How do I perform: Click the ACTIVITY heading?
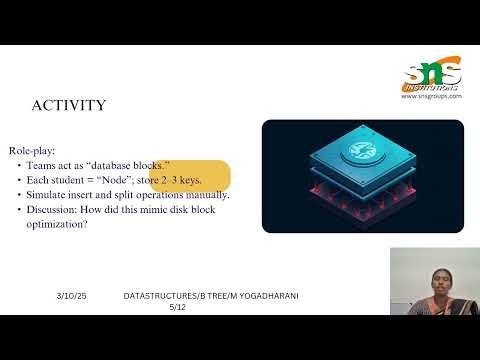pyautogui.click(x=70, y=106)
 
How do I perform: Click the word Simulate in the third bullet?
pyautogui.click(x=65, y=194)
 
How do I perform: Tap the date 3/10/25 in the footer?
pyautogui.click(x=72, y=297)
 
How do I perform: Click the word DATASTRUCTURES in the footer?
pyautogui.click(x=159, y=297)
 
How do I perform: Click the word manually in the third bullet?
pyautogui.click(x=206, y=194)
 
